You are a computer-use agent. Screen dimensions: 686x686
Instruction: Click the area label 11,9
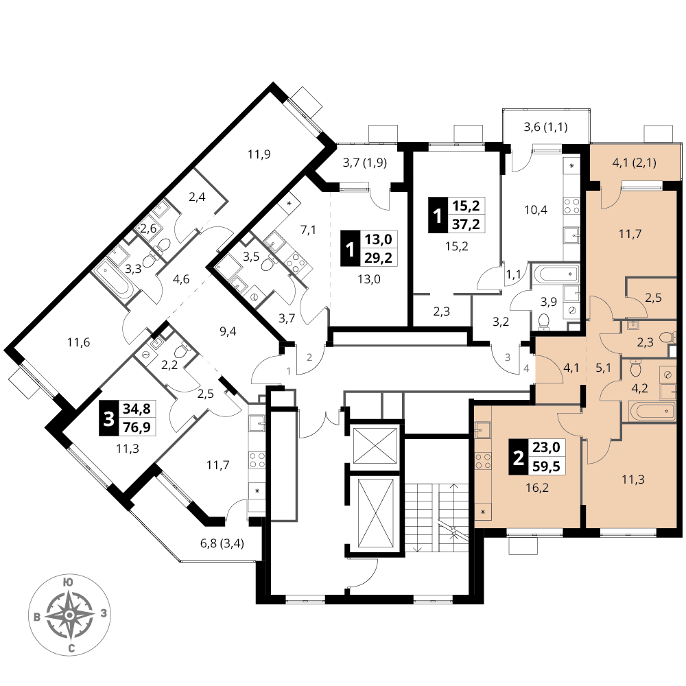tap(259, 154)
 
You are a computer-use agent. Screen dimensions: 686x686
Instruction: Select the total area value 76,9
tap(137, 427)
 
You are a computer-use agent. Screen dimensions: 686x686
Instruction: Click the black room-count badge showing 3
tap(108, 418)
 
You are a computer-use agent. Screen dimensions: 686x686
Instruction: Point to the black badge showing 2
tap(519, 457)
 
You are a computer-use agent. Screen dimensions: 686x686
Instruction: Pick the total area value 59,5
tap(547, 466)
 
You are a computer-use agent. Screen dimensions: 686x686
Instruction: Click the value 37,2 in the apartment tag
tap(466, 224)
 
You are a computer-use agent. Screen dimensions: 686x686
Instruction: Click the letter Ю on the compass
tap(68, 582)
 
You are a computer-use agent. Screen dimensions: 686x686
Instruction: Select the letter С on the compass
tap(71, 649)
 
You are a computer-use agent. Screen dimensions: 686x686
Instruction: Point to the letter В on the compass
tap(37, 617)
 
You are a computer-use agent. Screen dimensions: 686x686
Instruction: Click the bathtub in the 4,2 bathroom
tap(648, 411)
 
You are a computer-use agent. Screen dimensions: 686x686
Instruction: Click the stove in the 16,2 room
tap(484, 461)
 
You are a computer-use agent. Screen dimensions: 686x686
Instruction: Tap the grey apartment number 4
tap(526, 368)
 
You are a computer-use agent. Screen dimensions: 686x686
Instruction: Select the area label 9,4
tap(228, 331)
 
